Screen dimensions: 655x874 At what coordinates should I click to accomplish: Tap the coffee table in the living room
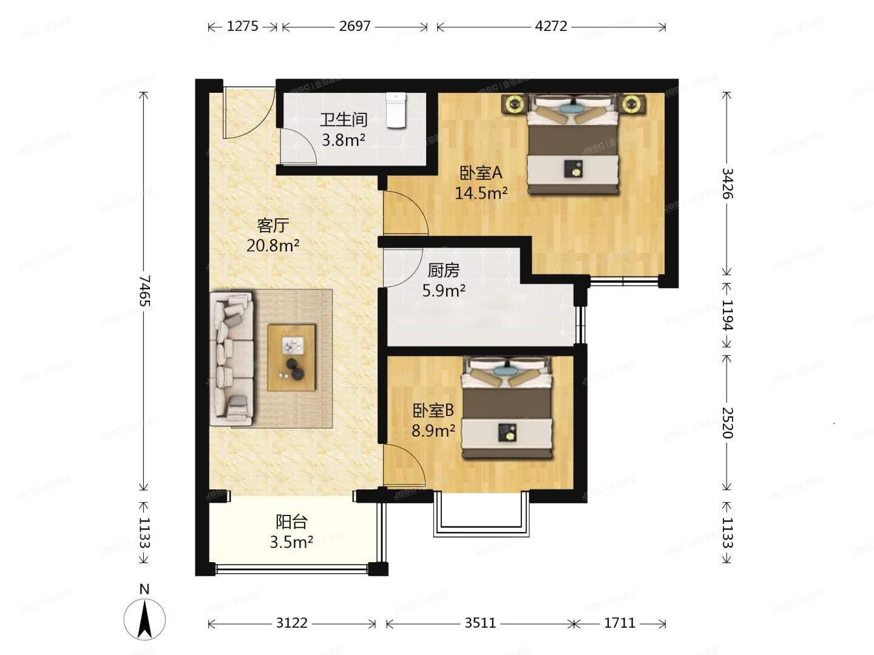(292, 357)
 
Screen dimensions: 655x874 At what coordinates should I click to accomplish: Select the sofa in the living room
(232, 358)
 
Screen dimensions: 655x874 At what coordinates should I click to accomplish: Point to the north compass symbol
(144, 619)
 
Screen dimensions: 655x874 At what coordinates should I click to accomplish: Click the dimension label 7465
(144, 291)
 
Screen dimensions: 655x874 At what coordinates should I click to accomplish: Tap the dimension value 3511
(480, 623)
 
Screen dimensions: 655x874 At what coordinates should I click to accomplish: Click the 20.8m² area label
(273, 246)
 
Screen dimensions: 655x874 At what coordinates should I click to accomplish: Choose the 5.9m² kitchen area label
(444, 291)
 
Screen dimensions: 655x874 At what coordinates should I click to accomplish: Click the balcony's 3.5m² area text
(291, 542)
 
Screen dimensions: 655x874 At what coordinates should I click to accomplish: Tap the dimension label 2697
(354, 26)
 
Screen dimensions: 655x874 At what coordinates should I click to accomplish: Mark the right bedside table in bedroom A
(632, 104)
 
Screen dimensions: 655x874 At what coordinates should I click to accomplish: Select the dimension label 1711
(620, 623)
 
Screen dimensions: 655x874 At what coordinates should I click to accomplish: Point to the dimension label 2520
(727, 422)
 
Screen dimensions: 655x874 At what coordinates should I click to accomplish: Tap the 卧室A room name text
(481, 173)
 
